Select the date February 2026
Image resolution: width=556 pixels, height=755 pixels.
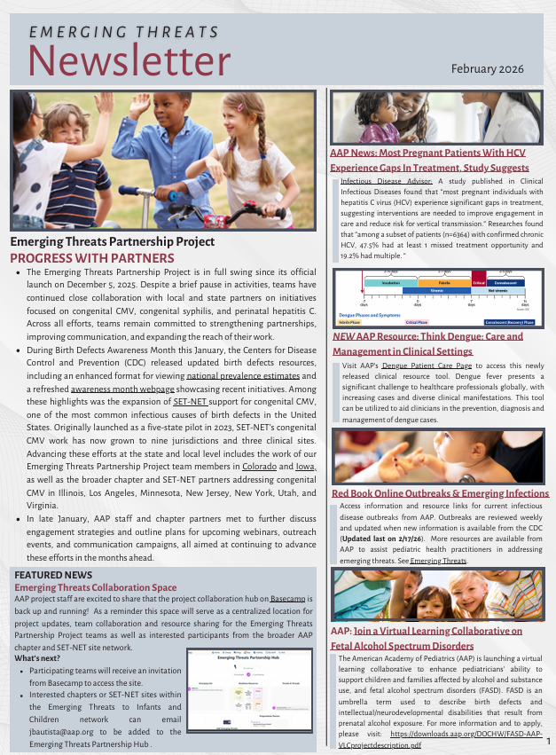click(x=488, y=68)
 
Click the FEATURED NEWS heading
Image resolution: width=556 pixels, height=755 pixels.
click(x=50, y=576)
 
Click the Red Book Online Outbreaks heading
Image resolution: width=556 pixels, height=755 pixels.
click(x=440, y=493)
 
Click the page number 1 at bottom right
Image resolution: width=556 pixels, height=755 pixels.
click(x=549, y=740)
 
